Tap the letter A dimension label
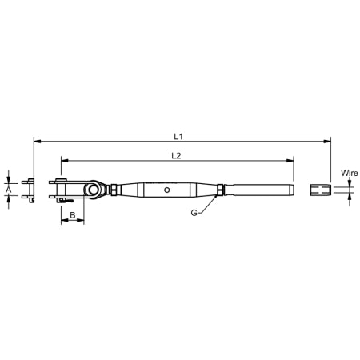(x=9, y=190)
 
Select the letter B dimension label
(x=72, y=216)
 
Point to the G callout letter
(x=194, y=213)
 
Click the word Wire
(x=349, y=172)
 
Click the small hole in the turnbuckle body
(x=167, y=190)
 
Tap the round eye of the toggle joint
(x=95, y=190)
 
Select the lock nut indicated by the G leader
(x=218, y=190)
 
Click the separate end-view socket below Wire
(x=320, y=190)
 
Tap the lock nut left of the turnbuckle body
(x=118, y=190)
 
